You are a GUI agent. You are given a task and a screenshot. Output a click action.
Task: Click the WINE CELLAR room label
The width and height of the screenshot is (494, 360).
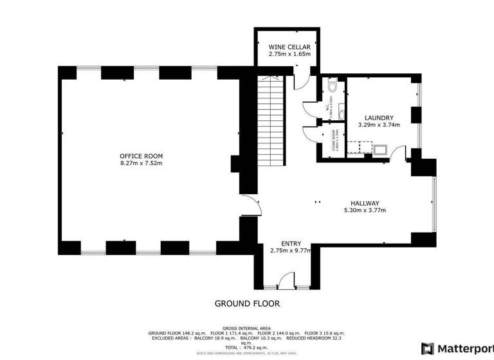289,48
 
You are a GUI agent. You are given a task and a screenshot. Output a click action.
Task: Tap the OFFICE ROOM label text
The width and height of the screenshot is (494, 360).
141,156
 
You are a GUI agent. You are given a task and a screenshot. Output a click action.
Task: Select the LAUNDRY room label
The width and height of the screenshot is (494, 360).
378,118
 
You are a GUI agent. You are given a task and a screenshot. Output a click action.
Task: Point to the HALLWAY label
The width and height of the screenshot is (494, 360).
360,203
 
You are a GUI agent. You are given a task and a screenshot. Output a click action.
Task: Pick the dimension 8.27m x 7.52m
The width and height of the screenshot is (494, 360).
141,163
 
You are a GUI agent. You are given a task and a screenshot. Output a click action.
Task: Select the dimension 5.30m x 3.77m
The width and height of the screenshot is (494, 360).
360,210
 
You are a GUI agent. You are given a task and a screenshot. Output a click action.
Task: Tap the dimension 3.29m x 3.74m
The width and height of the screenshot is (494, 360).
378,125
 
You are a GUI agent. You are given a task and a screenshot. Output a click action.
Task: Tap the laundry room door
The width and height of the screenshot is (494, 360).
398,155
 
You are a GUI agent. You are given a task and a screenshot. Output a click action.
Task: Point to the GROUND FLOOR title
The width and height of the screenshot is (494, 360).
247,303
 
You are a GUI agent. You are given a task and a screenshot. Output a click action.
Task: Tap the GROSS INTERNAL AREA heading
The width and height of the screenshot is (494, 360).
247,327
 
